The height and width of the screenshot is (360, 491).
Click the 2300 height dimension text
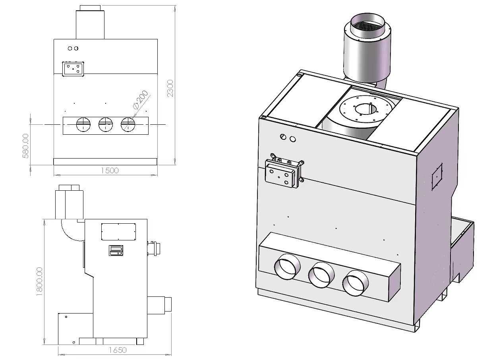click(170, 88)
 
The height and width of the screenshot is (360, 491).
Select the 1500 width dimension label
click(110, 170)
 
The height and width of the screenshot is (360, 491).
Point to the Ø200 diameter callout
click(141, 100)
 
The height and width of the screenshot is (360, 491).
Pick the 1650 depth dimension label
click(118, 350)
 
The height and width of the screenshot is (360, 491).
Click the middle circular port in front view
click(105, 124)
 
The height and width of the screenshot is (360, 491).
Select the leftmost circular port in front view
click(83, 124)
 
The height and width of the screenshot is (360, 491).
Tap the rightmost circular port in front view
click(128, 124)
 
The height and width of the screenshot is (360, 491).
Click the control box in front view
click(73, 68)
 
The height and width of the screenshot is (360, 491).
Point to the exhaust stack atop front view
click(90, 23)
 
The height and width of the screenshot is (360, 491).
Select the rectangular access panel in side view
click(119, 231)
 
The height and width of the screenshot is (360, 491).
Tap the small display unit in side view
click(116, 250)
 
